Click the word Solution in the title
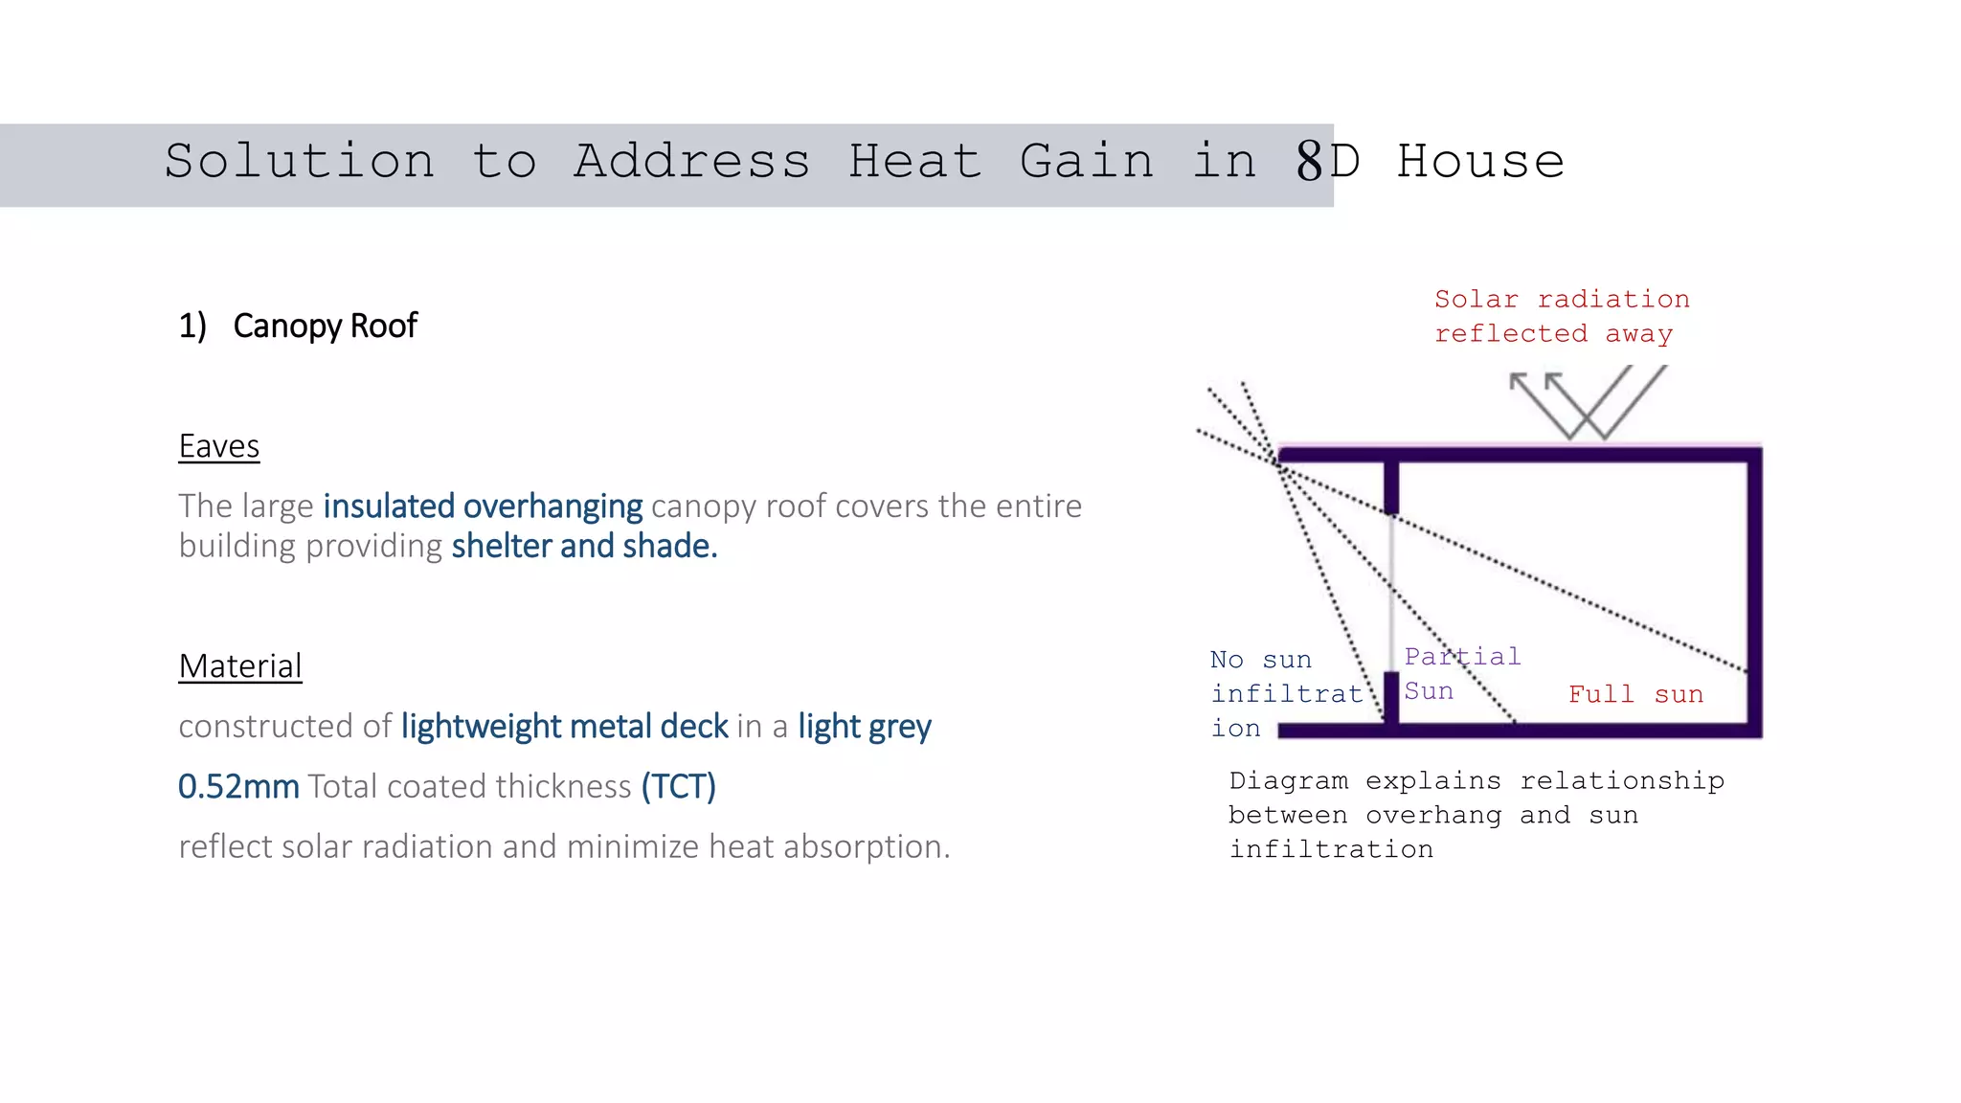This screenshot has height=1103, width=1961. point(300,161)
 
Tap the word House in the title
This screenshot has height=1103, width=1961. point(1480,161)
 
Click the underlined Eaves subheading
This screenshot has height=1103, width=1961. point(218,446)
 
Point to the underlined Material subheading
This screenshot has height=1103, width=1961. point(240,665)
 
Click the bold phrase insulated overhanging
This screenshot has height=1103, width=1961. point(483,506)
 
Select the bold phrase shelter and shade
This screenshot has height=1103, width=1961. point(584,546)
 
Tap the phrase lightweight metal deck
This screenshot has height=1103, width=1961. point(564,726)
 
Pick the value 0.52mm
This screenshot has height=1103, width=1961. point(238,786)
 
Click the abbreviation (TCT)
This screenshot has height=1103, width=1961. point(678,786)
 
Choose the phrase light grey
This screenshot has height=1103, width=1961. point(864,726)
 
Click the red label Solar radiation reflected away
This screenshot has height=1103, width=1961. point(1561,316)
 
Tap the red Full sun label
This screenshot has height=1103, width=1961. point(1635,694)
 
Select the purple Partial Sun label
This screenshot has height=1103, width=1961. point(1461,673)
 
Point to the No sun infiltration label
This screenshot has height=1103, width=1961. point(1283,693)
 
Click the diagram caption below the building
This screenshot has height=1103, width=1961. point(1476,815)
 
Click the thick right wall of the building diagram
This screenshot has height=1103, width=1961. point(1754,594)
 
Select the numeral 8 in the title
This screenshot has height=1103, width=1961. point(1309,161)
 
